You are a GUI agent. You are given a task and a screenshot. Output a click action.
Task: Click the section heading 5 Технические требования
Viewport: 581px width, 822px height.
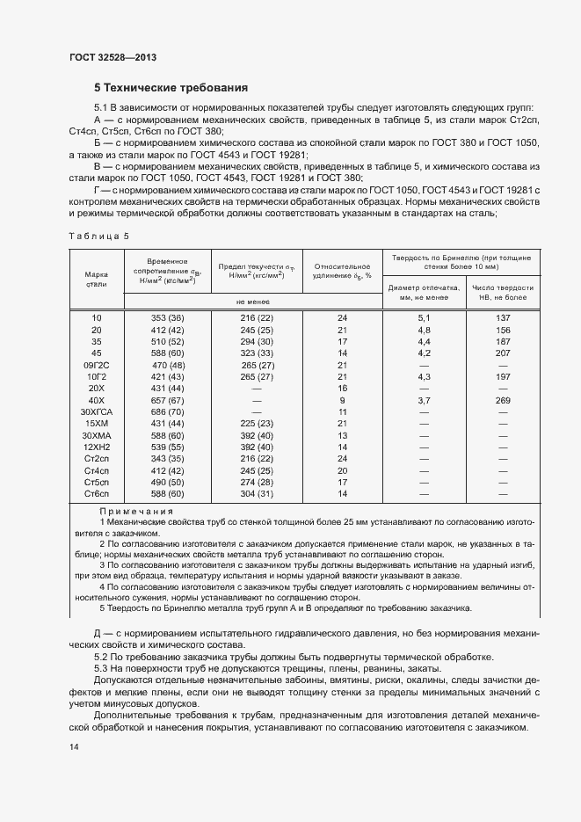pos(171,88)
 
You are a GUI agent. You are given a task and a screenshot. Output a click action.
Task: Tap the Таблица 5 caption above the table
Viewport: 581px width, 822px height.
pos(98,236)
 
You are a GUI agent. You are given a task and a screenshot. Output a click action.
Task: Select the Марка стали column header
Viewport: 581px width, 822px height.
pos(96,279)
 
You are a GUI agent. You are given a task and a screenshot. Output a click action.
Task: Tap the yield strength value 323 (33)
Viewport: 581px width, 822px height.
pos(258,353)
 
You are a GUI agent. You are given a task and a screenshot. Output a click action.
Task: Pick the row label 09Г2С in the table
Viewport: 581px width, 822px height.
pos(96,364)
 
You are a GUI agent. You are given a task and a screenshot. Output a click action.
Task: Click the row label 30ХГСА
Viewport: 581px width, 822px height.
pos(96,411)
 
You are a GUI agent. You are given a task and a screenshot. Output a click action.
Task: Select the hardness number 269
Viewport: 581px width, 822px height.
pos(504,399)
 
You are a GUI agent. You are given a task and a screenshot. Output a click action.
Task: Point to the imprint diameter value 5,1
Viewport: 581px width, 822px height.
pos(423,317)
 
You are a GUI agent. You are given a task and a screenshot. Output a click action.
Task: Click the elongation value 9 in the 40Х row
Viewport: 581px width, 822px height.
pos(343,399)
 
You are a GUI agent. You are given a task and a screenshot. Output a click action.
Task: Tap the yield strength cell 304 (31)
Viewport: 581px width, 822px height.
pos(258,494)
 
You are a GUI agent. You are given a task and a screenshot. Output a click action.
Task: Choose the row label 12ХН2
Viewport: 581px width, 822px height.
pos(96,447)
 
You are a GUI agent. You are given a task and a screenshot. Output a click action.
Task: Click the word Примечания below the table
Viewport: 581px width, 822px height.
pos(136,511)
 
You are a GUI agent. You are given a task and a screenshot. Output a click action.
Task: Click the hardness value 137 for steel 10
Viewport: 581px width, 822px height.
pos(504,317)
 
